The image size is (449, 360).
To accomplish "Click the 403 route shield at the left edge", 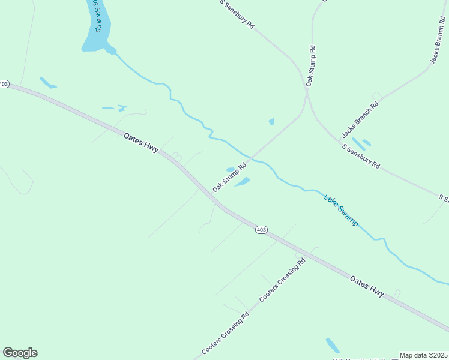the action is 4,85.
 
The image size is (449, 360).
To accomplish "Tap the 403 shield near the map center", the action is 261,230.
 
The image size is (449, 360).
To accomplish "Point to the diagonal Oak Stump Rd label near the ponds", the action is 230,176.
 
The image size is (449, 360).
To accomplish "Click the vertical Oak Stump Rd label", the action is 310,65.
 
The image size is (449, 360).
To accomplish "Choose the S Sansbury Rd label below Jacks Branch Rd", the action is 361,156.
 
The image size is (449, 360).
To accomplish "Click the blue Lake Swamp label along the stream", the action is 340,210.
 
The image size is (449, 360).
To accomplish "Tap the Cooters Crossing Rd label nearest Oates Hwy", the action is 282,280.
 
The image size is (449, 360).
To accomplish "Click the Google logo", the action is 20,353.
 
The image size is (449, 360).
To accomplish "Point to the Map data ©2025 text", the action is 424,355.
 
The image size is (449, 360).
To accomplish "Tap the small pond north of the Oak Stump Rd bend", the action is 271,122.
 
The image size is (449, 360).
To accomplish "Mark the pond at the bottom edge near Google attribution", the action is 333,345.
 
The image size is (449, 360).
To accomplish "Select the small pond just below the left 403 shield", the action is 47,83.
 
